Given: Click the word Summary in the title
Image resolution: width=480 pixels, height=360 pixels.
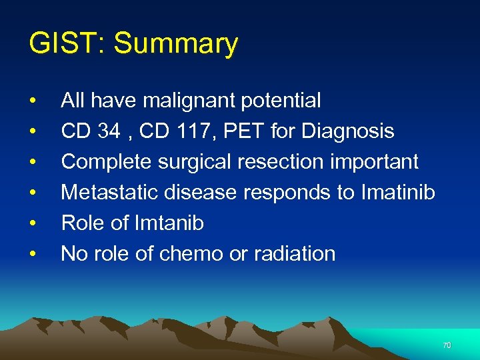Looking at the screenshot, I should (176, 45).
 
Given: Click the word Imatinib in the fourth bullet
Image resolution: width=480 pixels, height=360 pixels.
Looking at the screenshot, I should (398, 193).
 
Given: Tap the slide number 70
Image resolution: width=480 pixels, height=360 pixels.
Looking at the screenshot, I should (447, 345).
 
